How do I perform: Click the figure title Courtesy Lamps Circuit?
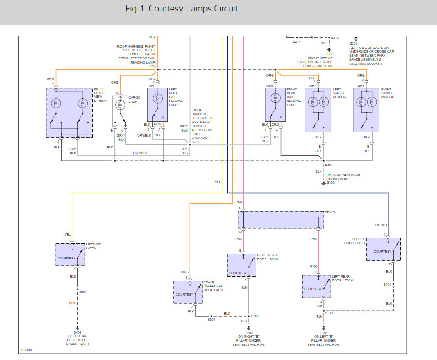coord(181,9)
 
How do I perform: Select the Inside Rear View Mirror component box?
coord(69,112)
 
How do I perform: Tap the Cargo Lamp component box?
coord(120,111)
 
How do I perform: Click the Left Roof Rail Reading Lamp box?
coord(157,105)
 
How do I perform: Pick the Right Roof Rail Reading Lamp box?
coord(275,105)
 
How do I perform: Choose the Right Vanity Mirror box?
coord(366,110)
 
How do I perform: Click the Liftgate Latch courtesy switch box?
coord(70,254)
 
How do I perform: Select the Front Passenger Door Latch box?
coord(188,292)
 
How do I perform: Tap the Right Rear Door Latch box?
coord(241,265)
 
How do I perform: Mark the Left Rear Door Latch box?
coord(316,287)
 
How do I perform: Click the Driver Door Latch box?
coord(383,249)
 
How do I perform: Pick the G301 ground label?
coord(324,333)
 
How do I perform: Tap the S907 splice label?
coord(83,291)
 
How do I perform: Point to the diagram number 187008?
coord(27,351)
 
